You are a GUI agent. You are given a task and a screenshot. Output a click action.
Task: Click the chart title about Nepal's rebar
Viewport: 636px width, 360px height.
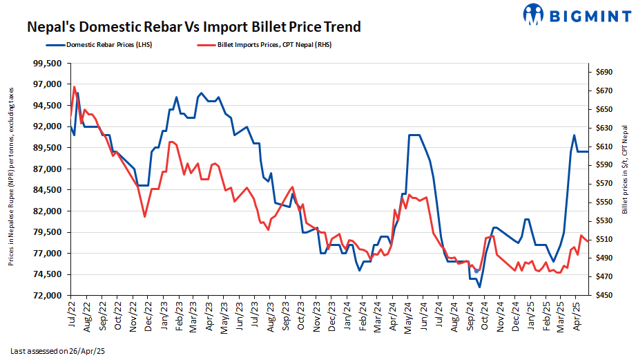[x=193, y=27]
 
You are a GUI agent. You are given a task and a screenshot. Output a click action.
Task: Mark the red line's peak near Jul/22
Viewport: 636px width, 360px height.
[x=74, y=87]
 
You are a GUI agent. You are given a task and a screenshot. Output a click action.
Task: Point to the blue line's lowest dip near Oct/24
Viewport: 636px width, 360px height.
[x=479, y=287]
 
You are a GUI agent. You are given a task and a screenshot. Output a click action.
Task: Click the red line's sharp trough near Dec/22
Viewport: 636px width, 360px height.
[x=144, y=217]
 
